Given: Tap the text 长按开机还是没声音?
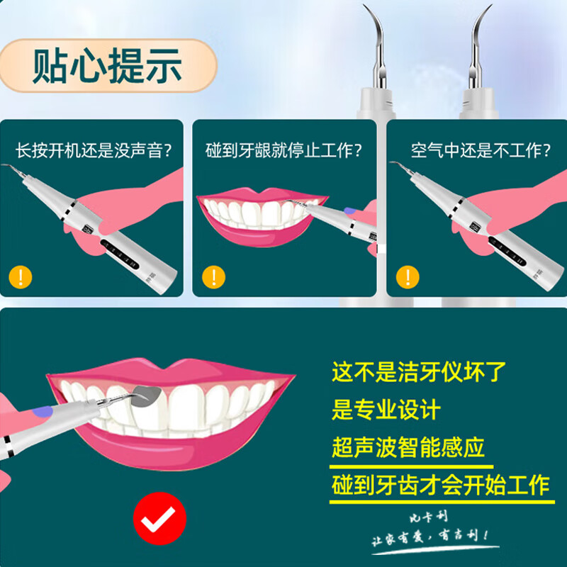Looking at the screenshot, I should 94,151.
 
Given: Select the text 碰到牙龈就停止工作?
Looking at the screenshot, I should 283,151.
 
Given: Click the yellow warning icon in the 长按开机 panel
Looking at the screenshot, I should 21,275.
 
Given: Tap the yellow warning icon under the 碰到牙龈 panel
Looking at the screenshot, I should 212,276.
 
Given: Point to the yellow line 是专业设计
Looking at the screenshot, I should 386,409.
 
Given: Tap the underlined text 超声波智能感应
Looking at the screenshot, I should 408,447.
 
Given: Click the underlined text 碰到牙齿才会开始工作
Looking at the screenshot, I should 440,485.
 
